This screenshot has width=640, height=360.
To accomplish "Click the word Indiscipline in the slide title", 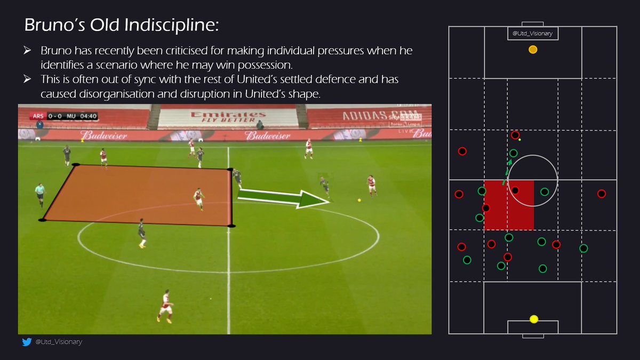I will pyautogui.click(x=152, y=26).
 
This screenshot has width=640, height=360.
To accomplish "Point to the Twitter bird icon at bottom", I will pyautogui.click(x=27, y=342).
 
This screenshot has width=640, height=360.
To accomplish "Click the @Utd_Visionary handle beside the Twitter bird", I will pyautogui.click(x=59, y=342).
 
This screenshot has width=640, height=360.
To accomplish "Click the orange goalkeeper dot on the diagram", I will pyautogui.click(x=532, y=50).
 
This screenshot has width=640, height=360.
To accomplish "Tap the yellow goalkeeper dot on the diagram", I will pyautogui.click(x=534, y=319).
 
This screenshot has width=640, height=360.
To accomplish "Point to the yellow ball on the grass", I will pyautogui.click(x=359, y=200).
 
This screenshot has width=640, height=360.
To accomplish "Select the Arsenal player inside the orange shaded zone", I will pyautogui.click(x=198, y=198).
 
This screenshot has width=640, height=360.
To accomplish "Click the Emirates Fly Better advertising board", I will pyautogui.click(x=229, y=117).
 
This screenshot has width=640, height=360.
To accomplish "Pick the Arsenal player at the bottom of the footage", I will pyautogui.click(x=165, y=307).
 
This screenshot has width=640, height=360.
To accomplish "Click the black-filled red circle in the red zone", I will pyautogui.click(x=515, y=190).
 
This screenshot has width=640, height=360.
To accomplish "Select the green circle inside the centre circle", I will pyautogui.click(x=545, y=191).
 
